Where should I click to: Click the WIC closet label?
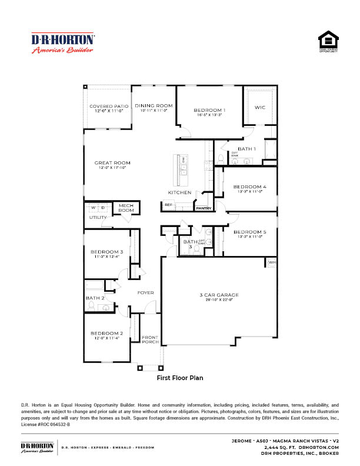(260, 108)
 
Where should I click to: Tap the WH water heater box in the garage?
(272, 262)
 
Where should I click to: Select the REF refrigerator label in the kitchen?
(168, 205)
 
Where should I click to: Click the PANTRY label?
(204, 208)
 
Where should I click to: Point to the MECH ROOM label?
(126, 208)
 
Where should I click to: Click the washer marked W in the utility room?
(93, 208)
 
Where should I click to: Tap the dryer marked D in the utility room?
(102, 208)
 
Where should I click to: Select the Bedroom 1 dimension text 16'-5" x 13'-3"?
(209, 116)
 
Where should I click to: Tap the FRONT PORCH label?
(150, 339)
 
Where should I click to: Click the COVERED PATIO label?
(109, 106)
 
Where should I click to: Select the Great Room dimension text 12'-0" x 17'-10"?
(112, 168)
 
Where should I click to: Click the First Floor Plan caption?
(180, 378)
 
